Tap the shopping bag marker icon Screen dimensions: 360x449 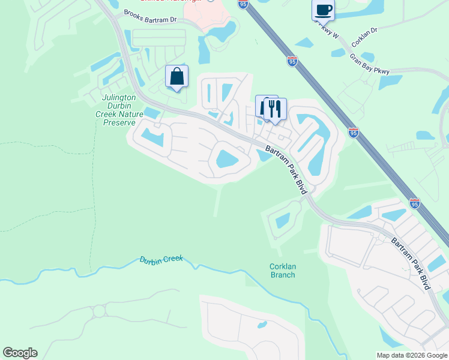click(176, 77)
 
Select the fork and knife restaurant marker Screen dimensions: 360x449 click(275, 109)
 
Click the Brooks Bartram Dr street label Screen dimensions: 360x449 click(150, 16)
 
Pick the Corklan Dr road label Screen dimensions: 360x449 click(364, 38)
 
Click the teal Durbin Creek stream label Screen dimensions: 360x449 click(161, 260)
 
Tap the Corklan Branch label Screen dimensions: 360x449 click(282, 271)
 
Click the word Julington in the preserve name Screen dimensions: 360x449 click(119, 97)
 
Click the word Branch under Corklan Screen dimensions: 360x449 click(282, 275)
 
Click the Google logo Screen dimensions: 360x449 click(20, 353)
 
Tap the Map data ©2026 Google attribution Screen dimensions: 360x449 click(411, 355)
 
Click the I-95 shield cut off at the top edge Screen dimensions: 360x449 click(243, 4)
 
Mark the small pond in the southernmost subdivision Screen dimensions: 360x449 click(262, 325)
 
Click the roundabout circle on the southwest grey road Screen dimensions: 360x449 click(98, 312)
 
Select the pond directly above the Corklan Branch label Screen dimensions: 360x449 click(283, 221)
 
